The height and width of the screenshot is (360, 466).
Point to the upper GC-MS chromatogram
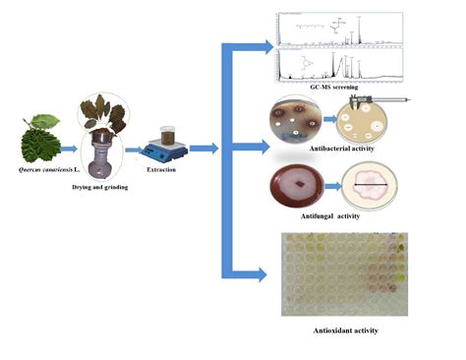338,27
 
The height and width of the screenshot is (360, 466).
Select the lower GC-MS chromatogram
338,64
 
